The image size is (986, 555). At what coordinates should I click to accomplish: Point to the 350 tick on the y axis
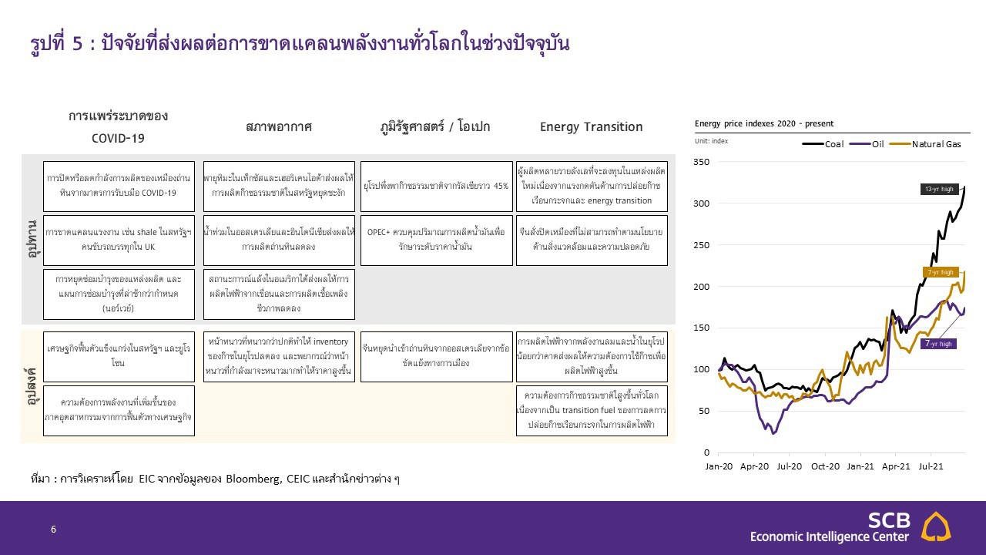701,162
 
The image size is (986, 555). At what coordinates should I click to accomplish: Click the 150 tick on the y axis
701,328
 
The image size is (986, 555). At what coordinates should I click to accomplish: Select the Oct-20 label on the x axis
825,466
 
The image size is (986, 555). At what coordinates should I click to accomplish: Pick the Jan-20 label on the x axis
719,466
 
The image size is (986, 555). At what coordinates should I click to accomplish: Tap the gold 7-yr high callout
940,272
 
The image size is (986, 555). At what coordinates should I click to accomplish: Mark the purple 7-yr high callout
939,344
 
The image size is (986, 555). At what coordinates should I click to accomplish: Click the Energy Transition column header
591,127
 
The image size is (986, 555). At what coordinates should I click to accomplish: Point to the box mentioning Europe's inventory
279,357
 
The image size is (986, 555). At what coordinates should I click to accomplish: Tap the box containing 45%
436,186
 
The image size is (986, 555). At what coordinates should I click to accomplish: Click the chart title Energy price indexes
763,123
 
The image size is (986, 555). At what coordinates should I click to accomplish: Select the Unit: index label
711,141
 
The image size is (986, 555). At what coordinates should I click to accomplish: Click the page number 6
53,530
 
